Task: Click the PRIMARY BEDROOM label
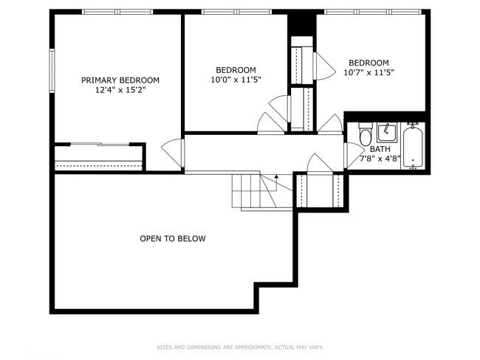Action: [120, 80]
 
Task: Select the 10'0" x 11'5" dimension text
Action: [236, 80]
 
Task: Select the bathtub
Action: [413, 147]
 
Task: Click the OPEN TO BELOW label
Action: [173, 239]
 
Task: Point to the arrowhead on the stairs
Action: [276, 177]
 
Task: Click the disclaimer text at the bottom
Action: [239, 347]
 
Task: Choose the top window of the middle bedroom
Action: [236, 12]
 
